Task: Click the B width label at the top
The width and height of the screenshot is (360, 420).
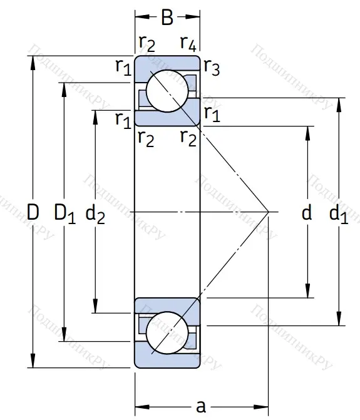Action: (x=167, y=18)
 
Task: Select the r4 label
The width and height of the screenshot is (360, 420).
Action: (x=188, y=43)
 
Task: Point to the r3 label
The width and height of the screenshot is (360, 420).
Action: (x=212, y=67)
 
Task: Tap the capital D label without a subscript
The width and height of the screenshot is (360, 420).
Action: (x=33, y=212)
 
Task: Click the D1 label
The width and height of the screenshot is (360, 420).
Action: (x=65, y=213)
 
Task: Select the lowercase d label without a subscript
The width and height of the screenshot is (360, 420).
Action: (x=307, y=212)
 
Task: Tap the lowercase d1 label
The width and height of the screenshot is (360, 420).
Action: (x=339, y=213)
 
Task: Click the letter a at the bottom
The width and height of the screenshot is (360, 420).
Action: (x=201, y=407)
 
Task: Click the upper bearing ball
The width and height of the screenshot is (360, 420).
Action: (x=167, y=91)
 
